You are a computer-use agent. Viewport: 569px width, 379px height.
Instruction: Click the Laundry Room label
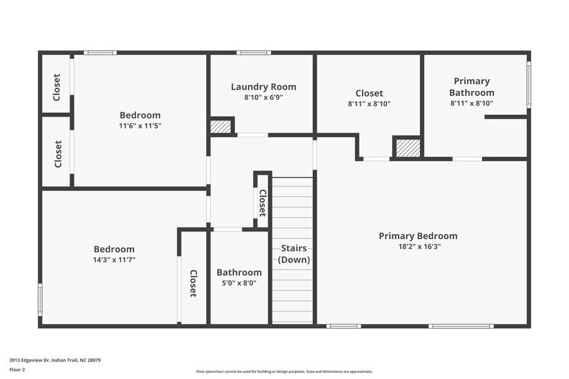tap(263, 87)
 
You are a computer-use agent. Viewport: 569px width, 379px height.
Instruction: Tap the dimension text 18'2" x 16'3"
tap(419, 246)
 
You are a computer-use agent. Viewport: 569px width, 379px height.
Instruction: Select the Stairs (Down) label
tap(294, 254)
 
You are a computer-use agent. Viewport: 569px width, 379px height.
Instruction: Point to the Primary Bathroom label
tap(472, 87)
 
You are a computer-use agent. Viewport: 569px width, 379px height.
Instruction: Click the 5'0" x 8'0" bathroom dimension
tap(239, 282)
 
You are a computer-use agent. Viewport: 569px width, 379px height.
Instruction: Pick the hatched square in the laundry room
tap(221, 126)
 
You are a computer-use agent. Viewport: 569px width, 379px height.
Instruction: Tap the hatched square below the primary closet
tap(408, 148)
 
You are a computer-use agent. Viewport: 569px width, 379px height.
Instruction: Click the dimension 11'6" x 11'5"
tap(140, 126)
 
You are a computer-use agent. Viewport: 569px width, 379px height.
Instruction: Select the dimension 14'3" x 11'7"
tap(114, 260)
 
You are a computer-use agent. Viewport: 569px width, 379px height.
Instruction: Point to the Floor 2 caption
tap(17, 370)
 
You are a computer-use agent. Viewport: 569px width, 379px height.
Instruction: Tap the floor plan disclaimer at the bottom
tap(284, 371)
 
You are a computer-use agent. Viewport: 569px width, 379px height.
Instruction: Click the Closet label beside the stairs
tap(263, 202)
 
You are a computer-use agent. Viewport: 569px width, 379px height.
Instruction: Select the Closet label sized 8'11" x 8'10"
tap(369, 93)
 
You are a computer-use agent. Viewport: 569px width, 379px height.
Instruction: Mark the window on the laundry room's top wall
tap(253, 53)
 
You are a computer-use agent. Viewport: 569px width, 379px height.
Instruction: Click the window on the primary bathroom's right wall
tap(528, 84)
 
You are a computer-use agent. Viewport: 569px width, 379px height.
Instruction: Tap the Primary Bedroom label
tap(418, 236)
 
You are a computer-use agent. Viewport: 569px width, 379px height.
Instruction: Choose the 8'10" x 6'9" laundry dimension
tap(263, 97)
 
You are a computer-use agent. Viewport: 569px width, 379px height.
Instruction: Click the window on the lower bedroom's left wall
tap(40, 300)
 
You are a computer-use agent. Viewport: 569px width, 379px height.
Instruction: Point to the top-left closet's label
tap(57, 87)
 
